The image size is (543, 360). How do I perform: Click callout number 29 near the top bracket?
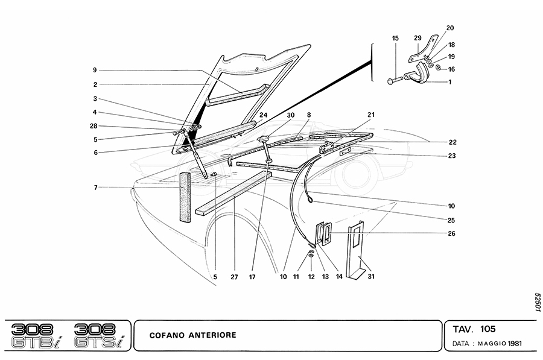click(417, 38)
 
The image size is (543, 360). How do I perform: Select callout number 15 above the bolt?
click(395, 39)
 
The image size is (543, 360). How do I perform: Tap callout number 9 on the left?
click(95, 70)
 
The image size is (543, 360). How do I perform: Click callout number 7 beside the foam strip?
click(95, 188)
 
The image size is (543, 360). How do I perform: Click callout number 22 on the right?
click(452, 142)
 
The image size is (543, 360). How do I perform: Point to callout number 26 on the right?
click(452, 233)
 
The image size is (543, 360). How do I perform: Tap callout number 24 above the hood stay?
click(263, 115)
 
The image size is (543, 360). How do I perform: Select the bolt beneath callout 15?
click(398, 80)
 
